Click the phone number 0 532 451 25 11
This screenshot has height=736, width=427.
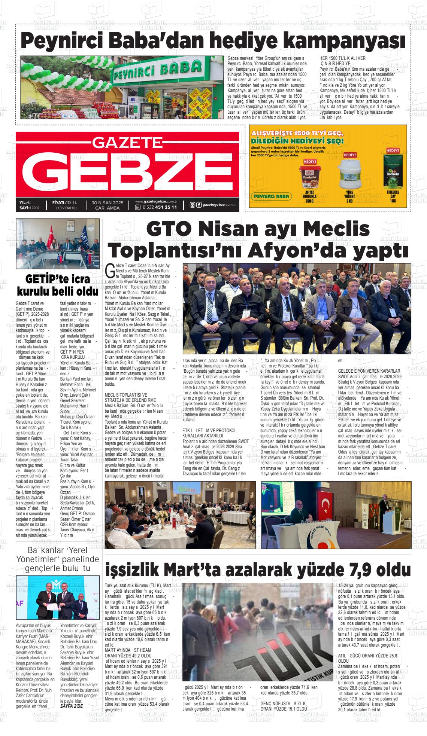pos(159,207)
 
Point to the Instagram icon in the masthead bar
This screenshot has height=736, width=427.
pos(192,205)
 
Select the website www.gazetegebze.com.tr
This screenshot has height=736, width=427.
pos(156,202)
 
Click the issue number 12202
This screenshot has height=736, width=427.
pos(37,207)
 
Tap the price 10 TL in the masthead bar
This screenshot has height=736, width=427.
pos(71,202)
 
